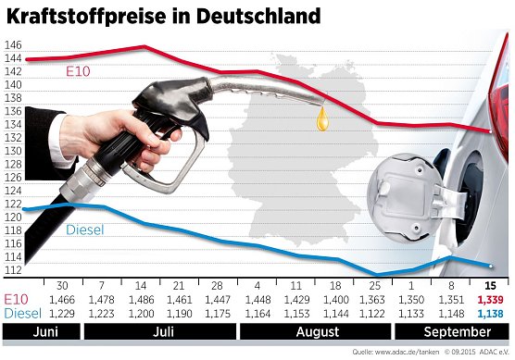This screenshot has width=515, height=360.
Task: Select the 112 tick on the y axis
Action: pos(13,270)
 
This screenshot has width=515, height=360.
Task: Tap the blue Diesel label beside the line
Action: pos(85,229)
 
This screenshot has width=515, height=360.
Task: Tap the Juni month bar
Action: pos(39,330)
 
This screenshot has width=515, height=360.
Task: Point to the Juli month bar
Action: pos(161,330)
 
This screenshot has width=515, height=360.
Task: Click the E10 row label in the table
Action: pos(17,301)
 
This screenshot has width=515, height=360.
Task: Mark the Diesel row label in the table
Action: pos(22,315)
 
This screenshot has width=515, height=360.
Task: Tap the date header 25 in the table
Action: pos(374,286)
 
